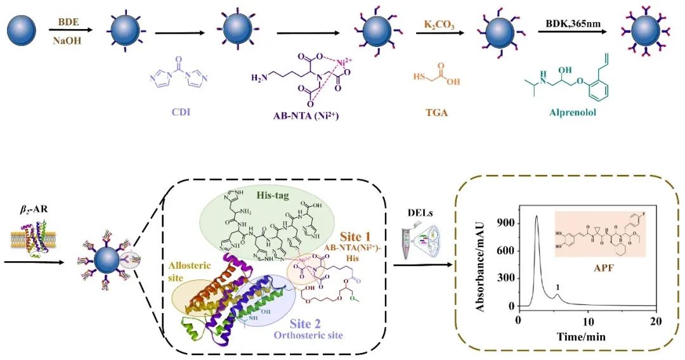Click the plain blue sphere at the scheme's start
point(23,29)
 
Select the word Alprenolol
point(571,115)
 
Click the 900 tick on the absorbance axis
point(504,223)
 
